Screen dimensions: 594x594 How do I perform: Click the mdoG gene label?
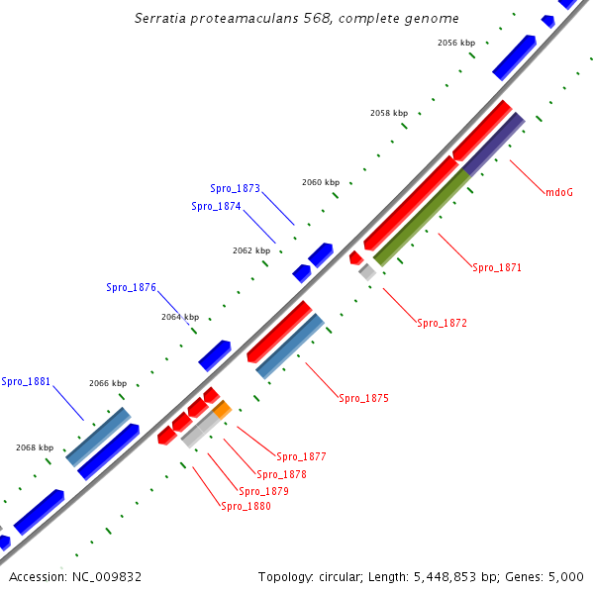point(560,192)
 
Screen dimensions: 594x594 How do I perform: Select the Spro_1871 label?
point(497,267)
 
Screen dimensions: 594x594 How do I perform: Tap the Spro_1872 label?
point(442,323)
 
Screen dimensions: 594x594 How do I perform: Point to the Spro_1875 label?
point(363,398)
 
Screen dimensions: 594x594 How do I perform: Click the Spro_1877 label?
point(301,456)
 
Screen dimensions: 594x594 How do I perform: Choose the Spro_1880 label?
point(246,506)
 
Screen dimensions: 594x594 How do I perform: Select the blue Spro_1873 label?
point(235,188)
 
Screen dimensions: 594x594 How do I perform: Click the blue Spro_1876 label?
point(131,287)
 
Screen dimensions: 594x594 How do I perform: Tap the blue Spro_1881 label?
point(26,381)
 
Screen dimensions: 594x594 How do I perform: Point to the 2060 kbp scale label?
point(321,182)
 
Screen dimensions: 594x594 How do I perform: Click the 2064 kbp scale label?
point(180,317)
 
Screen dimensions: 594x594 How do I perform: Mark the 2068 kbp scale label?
point(34,447)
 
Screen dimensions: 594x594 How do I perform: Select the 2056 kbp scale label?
point(456,43)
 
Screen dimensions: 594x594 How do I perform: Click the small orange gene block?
point(222,408)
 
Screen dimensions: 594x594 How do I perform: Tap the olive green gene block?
point(422,219)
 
